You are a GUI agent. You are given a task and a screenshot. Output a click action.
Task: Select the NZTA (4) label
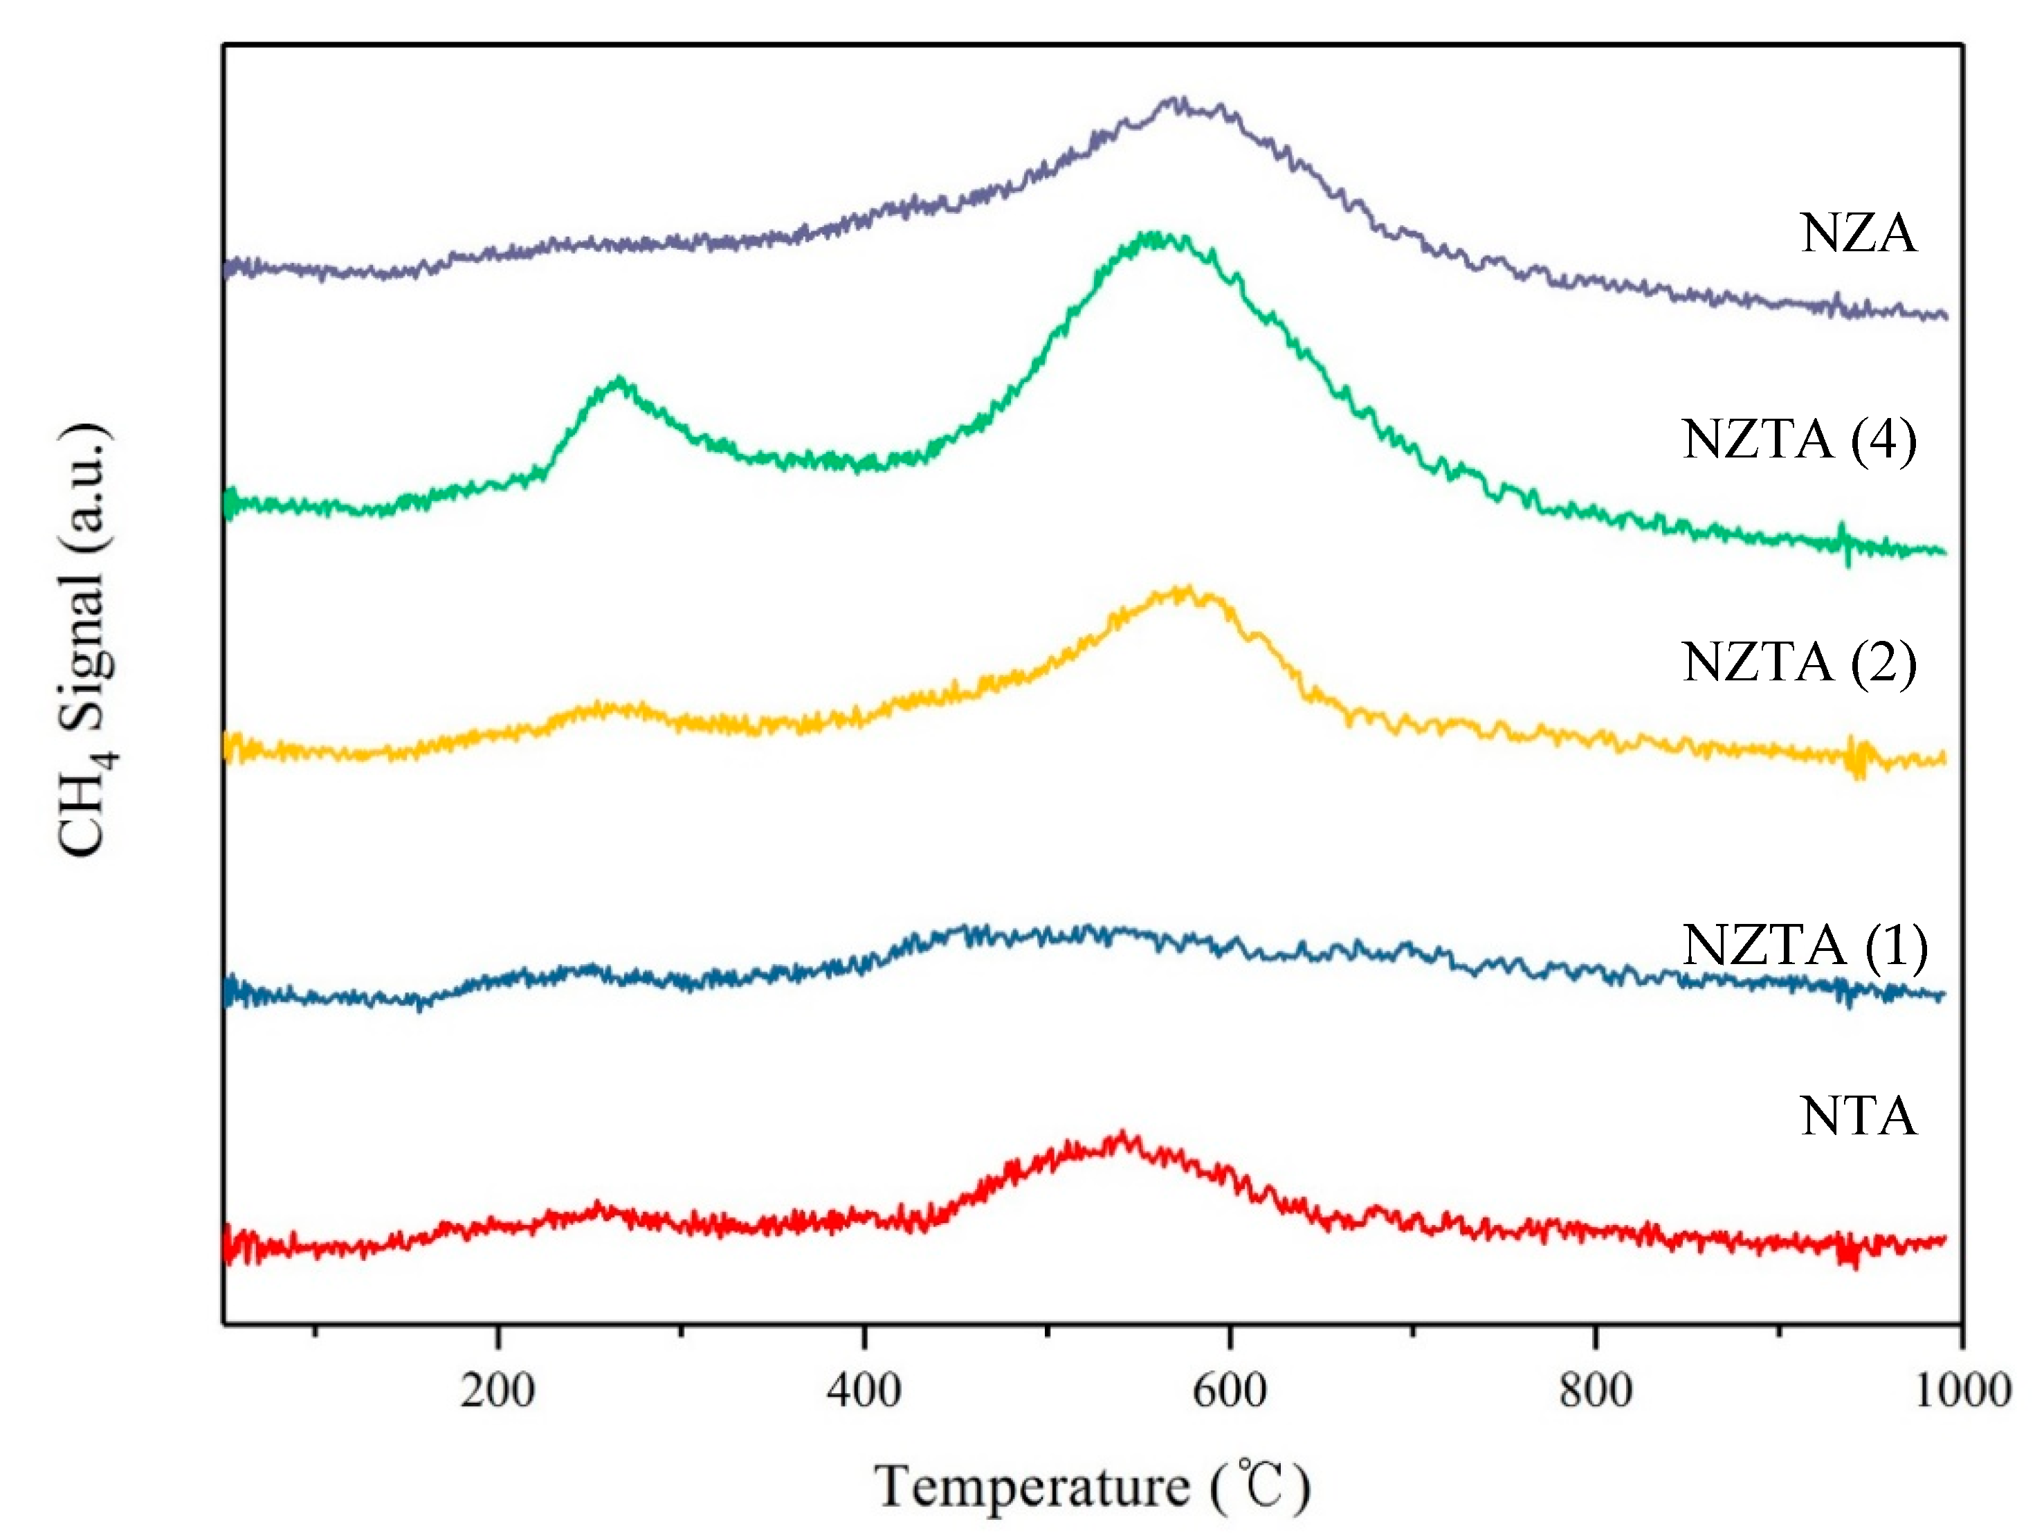(1798, 440)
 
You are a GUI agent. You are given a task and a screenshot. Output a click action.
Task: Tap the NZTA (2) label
(1798, 662)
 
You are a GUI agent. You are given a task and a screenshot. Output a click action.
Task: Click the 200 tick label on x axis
(497, 1390)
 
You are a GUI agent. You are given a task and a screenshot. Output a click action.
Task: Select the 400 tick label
(863, 1390)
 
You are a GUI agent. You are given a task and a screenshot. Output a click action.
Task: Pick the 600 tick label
(1229, 1390)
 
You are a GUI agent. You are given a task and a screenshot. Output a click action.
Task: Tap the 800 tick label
(1594, 1390)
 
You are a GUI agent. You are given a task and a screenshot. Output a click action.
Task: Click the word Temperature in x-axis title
(1031, 1487)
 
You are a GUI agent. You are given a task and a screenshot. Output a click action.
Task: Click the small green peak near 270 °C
(619, 381)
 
